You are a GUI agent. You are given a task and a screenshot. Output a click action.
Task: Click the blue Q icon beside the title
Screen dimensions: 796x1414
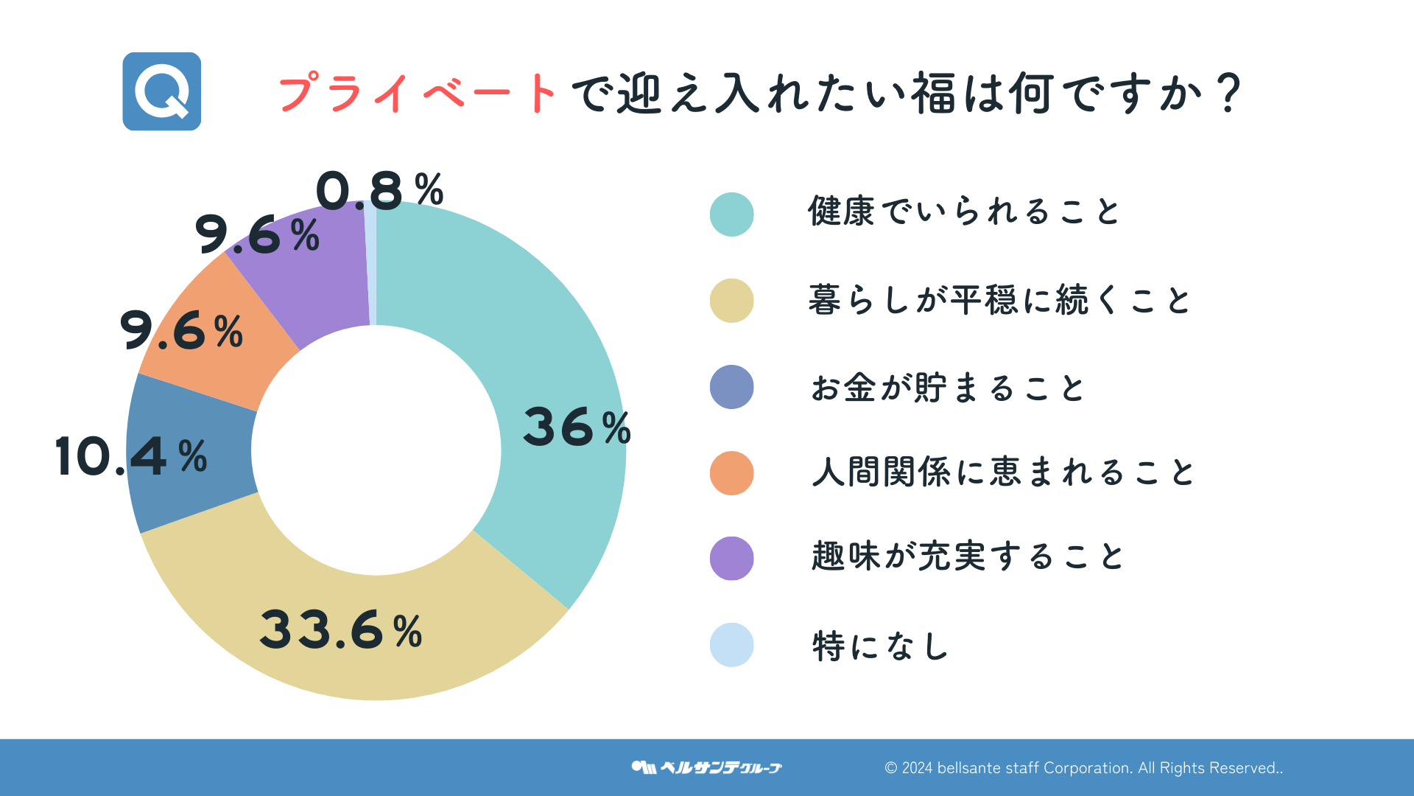pos(162,91)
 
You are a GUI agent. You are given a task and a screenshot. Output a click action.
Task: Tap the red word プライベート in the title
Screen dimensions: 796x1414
pos(417,94)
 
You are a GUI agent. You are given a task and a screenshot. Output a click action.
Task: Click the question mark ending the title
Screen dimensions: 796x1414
pos(1228,94)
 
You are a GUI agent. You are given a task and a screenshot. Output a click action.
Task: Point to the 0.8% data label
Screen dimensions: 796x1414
pos(379,189)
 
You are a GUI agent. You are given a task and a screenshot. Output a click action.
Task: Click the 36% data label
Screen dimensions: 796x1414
pos(577,427)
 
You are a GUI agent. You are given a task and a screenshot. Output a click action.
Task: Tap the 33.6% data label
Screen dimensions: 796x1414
pos(341,630)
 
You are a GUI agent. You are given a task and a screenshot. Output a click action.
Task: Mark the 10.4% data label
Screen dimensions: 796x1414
pos(131,456)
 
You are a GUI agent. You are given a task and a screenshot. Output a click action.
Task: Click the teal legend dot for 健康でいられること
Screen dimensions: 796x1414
pos(731,214)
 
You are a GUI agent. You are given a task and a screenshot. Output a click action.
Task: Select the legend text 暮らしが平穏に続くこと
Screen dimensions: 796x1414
pos(999,301)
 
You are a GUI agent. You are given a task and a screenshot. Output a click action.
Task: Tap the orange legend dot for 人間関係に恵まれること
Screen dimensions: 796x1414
pos(731,473)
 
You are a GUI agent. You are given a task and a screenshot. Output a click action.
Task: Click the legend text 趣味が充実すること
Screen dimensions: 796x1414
pos(967,556)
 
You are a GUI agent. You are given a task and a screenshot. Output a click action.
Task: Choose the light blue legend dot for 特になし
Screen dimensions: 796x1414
pos(731,645)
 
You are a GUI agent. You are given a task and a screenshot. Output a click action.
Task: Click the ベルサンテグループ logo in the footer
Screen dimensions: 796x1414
pos(706,767)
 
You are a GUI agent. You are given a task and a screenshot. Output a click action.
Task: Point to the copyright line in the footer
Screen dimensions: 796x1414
pos(1083,768)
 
